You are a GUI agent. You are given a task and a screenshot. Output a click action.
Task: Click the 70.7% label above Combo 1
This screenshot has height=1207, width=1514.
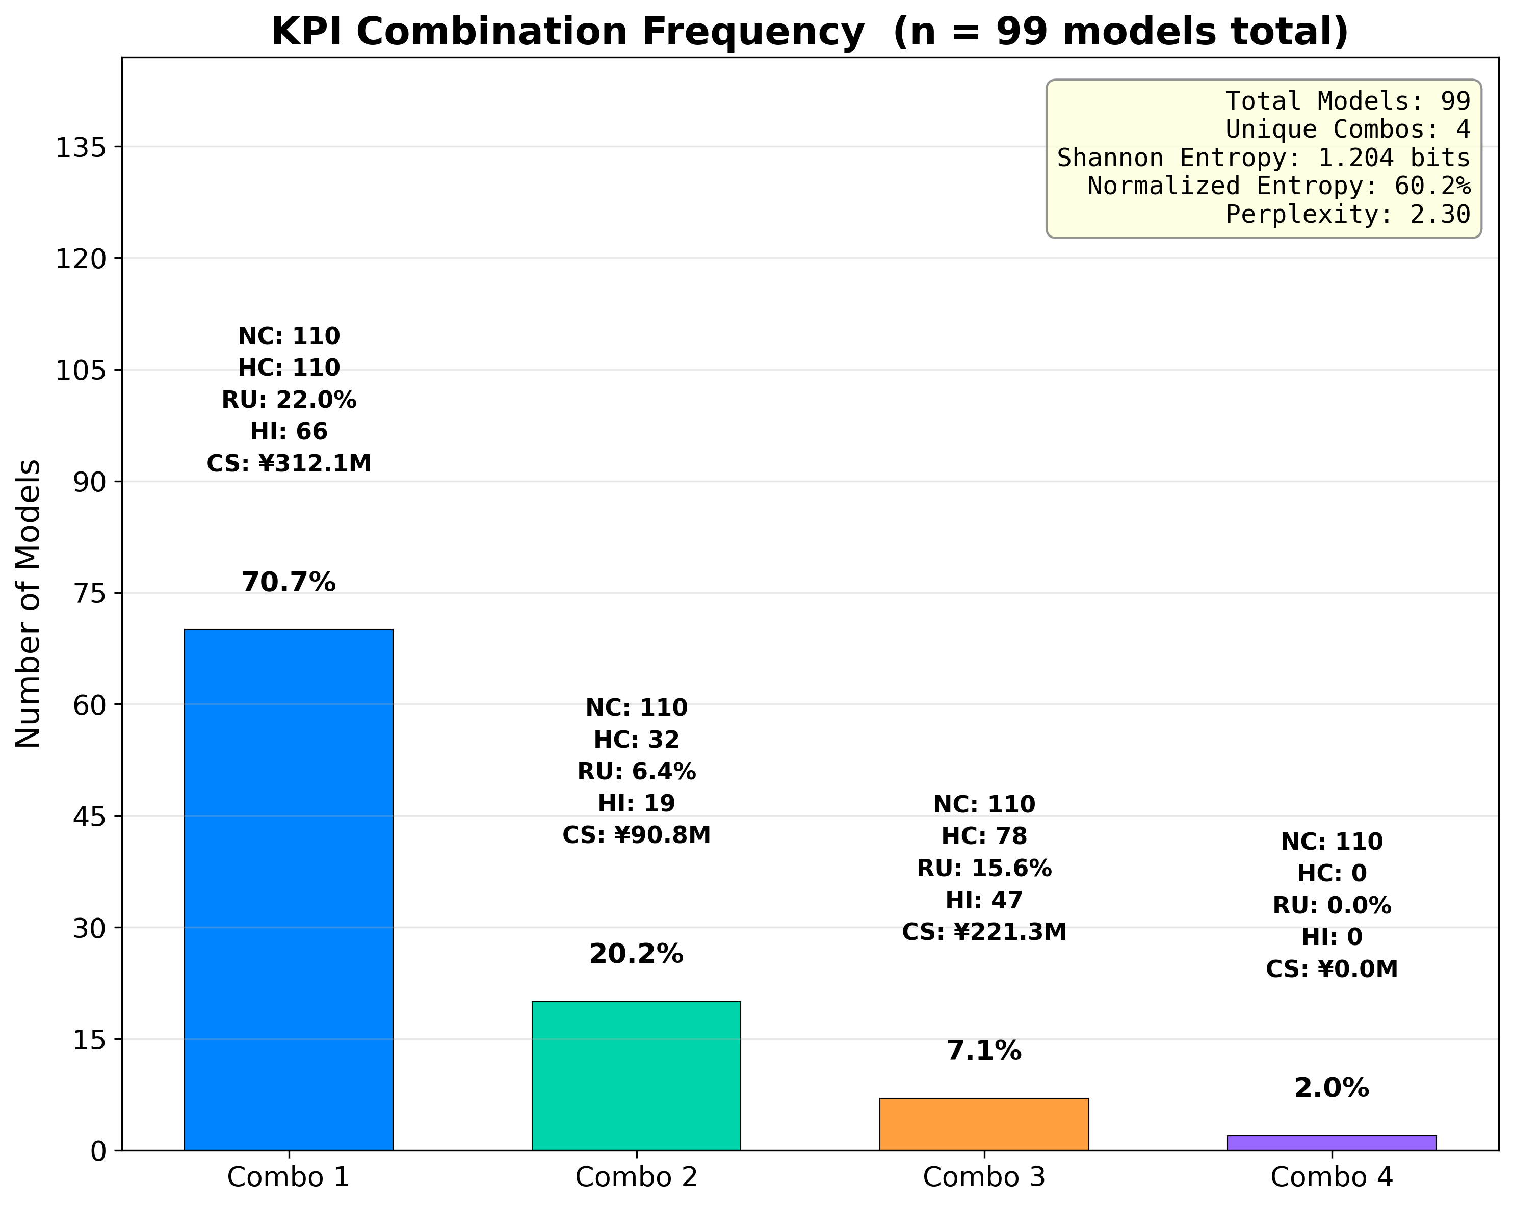pos(289,582)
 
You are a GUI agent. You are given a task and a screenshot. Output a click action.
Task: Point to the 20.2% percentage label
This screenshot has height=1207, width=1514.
pos(636,954)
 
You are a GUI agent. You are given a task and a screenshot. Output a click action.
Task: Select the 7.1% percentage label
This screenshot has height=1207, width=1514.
pos(984,1051)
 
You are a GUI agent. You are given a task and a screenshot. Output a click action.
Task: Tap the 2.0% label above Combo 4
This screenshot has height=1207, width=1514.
pos(1332,1088)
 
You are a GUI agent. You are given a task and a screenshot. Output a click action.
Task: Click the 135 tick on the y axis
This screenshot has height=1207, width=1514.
pos(80,147)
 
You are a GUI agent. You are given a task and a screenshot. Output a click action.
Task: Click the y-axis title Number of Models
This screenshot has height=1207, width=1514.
pos(28,604)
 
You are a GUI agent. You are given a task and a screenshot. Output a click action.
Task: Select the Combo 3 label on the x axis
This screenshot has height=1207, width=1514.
pos(984,1177)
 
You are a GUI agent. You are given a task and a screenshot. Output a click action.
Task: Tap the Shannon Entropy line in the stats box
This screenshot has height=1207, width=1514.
pos(1263,158)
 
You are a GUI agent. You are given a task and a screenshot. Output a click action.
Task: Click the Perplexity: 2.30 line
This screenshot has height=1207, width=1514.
pos(1348,214)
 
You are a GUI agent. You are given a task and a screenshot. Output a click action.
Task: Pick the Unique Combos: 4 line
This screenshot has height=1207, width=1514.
pos(1348,129)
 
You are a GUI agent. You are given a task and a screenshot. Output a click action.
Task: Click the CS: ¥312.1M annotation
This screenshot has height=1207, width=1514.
pos(289,463)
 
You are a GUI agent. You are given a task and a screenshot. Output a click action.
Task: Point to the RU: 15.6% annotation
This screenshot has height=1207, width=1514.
pos(984,869)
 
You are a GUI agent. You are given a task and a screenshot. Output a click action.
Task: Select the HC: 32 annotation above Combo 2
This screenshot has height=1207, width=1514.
pos(636,740)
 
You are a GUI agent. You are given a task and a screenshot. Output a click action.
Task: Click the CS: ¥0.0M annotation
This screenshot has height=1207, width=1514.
pos(1332,969)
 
